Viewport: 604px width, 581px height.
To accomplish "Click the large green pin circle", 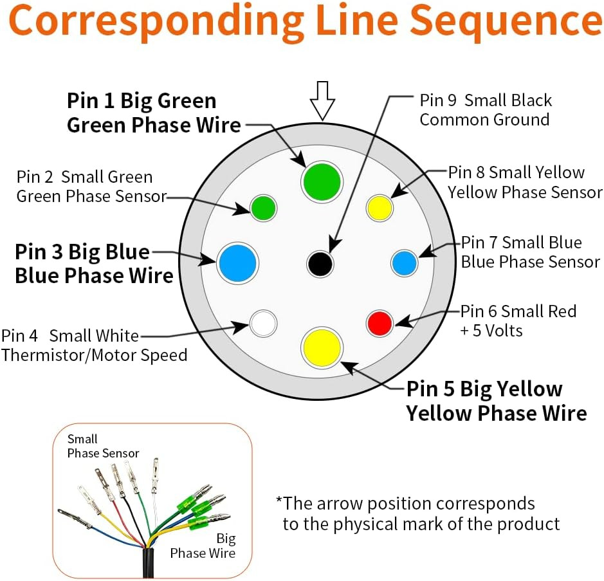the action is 322,182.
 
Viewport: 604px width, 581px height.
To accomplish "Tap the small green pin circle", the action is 264,208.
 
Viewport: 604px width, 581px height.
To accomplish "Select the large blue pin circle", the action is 237,263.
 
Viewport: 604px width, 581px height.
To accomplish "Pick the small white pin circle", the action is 264,323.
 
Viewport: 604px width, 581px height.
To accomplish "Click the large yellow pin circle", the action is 322,347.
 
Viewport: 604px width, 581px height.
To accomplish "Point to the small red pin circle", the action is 380,323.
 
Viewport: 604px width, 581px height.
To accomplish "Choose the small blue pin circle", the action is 404,263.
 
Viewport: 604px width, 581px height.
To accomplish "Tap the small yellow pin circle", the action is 380,208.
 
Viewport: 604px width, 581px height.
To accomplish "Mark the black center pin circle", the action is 320,264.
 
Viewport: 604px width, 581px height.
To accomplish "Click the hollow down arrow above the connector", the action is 322,100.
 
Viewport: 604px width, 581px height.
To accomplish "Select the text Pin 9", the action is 438,100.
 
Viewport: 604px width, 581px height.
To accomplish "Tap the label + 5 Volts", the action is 491,331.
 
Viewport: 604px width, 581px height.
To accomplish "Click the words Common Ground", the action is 484,120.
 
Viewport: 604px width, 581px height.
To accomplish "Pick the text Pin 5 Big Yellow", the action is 484,389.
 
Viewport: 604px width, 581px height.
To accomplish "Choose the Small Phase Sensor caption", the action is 103,446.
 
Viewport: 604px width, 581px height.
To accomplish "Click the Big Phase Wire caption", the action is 203,546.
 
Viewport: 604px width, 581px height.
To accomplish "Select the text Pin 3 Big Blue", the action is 82,252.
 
